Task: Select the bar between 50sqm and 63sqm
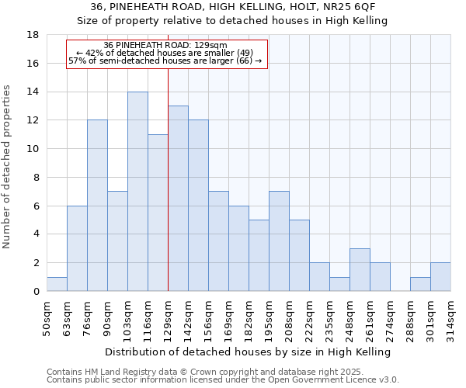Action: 57,284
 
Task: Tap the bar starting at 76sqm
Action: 97,206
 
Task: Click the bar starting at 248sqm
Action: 360,270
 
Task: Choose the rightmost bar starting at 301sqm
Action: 440,277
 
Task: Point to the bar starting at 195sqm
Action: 279,241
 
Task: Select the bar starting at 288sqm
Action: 420,284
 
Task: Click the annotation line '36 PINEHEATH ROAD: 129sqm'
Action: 165,45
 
